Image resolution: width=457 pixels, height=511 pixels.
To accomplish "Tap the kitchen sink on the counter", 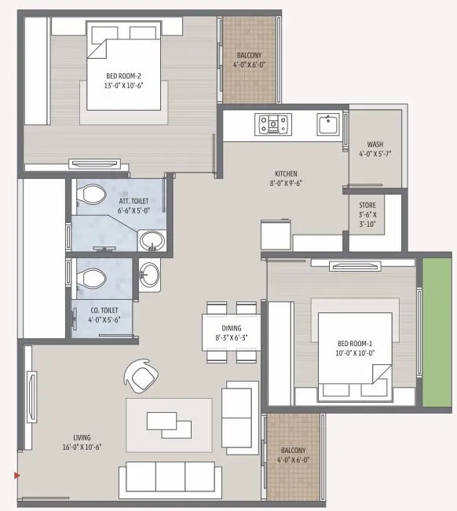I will click(x=327, y=124).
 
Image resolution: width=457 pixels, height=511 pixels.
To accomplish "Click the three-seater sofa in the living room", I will click(x=167, y=476).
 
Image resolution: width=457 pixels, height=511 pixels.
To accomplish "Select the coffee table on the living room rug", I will click(x=170, y=425).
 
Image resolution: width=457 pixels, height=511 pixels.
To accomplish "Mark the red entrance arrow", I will click(x=16, y=475).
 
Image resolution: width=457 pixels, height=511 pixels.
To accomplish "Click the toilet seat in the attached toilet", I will click(x=93, y=195).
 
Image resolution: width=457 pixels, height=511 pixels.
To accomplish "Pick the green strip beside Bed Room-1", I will click(x=437, y=330).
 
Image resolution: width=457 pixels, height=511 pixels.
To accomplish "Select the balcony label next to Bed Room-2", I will click(x=250, y=60).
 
